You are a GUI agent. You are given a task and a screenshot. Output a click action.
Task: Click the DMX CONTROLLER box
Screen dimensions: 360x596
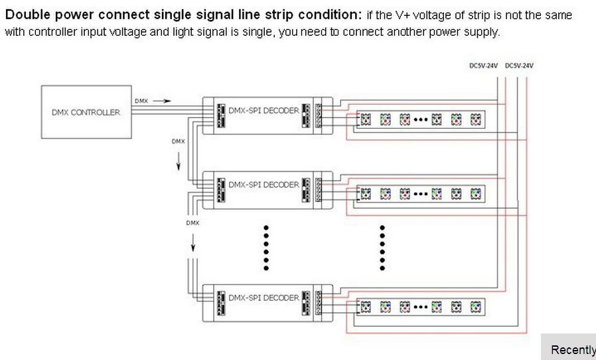coord(86,112)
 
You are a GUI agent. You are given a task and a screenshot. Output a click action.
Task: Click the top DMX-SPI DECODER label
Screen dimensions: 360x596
coord(263,111)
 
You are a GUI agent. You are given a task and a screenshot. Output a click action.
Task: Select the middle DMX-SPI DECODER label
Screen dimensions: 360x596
coord(263,185)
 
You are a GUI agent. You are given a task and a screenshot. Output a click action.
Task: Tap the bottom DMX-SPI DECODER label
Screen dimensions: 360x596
coord(263,298)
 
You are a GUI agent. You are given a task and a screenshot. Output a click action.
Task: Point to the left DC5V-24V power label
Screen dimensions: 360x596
coord(483,66)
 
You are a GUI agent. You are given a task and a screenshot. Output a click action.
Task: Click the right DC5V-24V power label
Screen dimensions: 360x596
coord(519,66)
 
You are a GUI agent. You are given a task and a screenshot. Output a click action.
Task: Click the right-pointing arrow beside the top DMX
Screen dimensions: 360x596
coord(163,101)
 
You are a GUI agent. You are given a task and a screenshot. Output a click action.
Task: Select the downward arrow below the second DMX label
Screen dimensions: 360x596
coord(178,161)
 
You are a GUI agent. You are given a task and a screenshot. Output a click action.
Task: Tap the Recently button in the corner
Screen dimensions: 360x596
coord(572,349)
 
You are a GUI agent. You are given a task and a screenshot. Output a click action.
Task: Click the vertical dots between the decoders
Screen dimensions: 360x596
coord(265,248)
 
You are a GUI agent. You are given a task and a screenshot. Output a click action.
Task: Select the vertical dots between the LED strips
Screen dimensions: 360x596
coord(382,248)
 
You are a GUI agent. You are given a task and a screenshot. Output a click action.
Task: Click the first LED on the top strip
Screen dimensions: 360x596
coord(365,120)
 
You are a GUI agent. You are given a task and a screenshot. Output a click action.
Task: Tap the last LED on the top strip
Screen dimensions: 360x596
coord(475,120)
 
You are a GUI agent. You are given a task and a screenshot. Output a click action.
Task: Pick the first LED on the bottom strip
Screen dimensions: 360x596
coord(365,307)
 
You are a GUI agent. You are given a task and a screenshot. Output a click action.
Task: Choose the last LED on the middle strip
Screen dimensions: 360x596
coord(475,194)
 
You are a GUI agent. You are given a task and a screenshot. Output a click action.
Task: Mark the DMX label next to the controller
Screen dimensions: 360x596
coord(141,101)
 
